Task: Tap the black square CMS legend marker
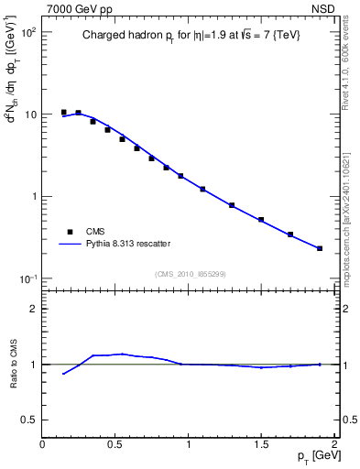click(69, 231)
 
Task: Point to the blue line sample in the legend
click(69, 244)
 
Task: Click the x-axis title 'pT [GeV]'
click(314, 455)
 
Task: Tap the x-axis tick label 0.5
click(115, 443)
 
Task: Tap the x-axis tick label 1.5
click(261, 443)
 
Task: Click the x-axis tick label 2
click(334, 443)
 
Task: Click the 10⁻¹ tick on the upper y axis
click(27, 278)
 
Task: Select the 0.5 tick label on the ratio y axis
click(27, 420)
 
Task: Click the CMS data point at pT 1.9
click(320, 248)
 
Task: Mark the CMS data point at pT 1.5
click(261, 220)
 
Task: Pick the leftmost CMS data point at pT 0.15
click(64, 112)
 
